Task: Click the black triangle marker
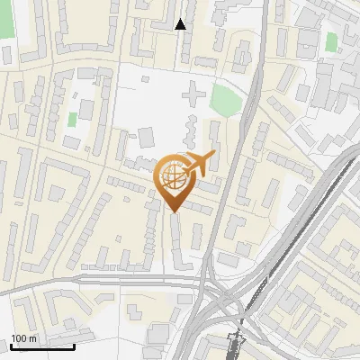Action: point(181,24)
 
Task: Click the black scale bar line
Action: point(41,346)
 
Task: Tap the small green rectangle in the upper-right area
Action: point(331,41)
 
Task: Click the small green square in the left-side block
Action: point(72,119)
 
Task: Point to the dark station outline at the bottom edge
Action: point(236,346)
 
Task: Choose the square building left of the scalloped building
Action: point(145,137)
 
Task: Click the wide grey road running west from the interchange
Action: point(108,280)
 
